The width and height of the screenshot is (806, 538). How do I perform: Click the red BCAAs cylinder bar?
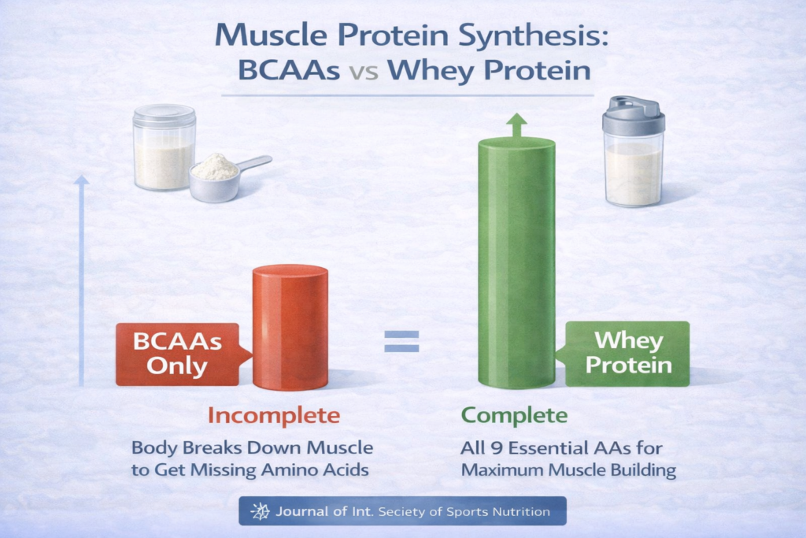290,328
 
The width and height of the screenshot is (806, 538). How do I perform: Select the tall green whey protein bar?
516,262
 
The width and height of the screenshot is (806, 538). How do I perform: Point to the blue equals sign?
401,342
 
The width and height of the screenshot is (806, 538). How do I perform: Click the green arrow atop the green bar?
516,125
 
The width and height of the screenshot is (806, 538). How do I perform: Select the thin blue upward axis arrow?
81,280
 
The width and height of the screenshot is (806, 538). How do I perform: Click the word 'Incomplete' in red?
273,416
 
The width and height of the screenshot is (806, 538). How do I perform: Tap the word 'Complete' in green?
514,416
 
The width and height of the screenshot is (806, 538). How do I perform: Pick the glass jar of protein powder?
164,147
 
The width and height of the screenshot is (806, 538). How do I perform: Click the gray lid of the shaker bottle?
633,115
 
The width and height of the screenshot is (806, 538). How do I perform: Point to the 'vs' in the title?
364,72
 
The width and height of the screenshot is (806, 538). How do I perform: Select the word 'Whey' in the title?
431,71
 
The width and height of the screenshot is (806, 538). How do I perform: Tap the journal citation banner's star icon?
260,511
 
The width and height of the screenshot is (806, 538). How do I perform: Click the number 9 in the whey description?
496,448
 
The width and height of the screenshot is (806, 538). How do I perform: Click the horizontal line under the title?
408,95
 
